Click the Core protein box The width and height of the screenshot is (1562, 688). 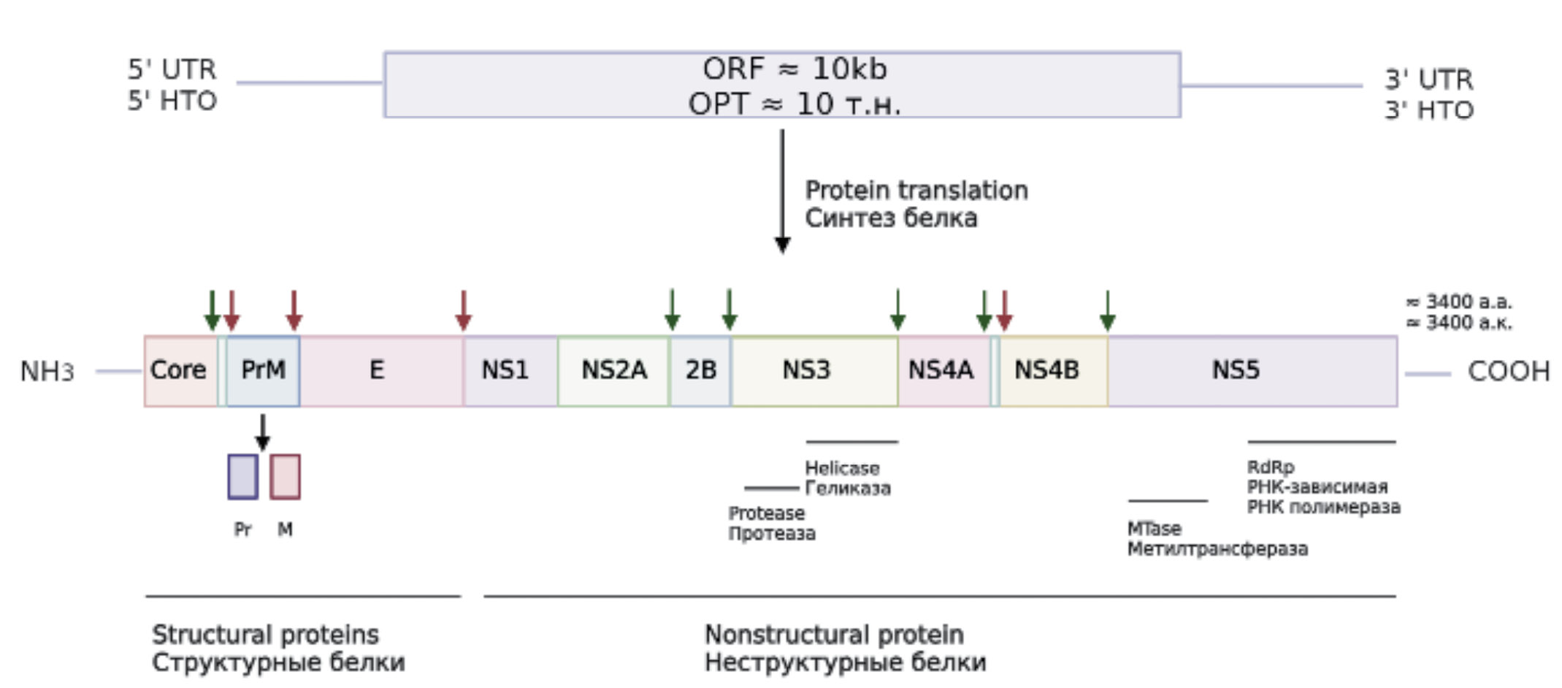179,371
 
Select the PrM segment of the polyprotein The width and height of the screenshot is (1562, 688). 263,371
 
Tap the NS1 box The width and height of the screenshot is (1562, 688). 509,371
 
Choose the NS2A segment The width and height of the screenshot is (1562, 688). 613,371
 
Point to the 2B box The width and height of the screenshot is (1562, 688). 700,371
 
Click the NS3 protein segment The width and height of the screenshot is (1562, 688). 813,371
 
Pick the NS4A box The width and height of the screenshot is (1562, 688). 942,371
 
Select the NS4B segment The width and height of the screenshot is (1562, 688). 1052,371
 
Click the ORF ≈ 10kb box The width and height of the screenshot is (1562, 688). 781,85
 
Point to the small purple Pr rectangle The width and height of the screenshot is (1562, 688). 242,477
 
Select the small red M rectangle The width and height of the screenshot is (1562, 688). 285,477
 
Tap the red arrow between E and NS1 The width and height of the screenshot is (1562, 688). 463,310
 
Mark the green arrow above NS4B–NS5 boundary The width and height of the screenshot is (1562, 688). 1107,310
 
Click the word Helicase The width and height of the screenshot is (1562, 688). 842,468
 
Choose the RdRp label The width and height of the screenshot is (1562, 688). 1270,467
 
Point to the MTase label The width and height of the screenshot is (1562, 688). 1154,528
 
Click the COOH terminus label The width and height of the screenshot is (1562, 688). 1508,372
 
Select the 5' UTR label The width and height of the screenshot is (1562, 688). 172,69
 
